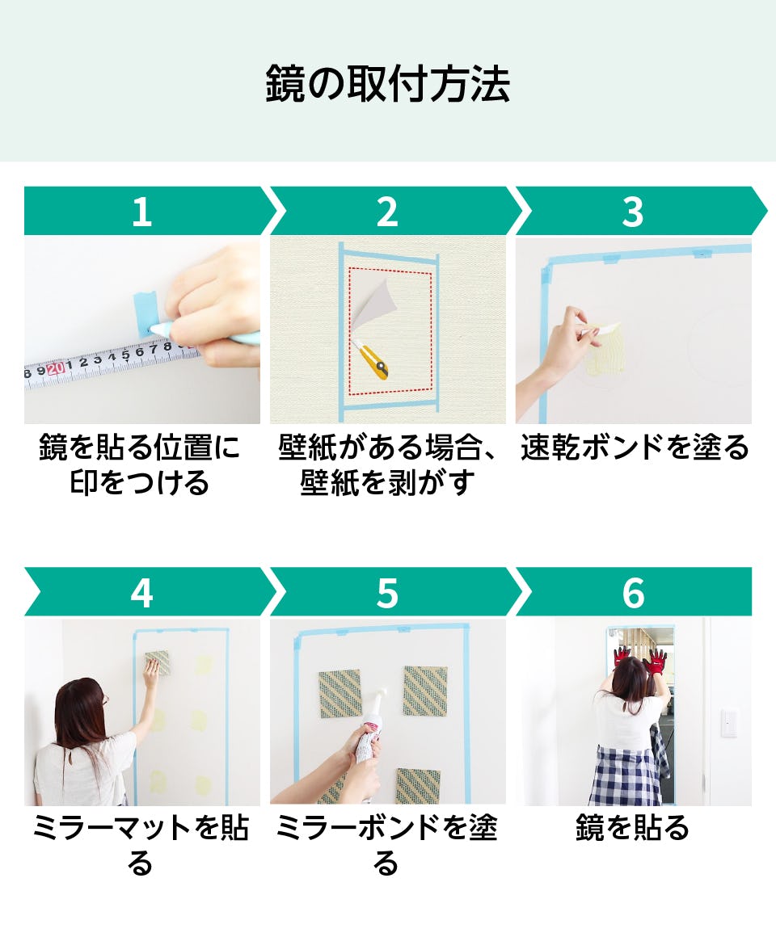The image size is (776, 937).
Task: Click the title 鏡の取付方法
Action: click(388, 84)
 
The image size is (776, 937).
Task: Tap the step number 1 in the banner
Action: click(141, 212)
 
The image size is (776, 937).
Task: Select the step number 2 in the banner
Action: click(387, 212)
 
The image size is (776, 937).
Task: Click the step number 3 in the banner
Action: click(633, 212)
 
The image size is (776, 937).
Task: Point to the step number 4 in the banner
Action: click(141, 593)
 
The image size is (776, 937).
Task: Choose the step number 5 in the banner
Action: click(387, 593)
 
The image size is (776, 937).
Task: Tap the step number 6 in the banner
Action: click(633, 593)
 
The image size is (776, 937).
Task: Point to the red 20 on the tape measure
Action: click(55, 369)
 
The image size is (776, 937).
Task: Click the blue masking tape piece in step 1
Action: click(146, 313)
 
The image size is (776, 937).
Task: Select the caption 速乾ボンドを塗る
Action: click(635, 447)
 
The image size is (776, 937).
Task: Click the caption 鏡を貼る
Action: click(633, 828)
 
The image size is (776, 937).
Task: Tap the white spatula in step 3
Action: click(603, 327)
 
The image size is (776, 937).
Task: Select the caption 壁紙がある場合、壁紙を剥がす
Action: click(388, 465)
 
